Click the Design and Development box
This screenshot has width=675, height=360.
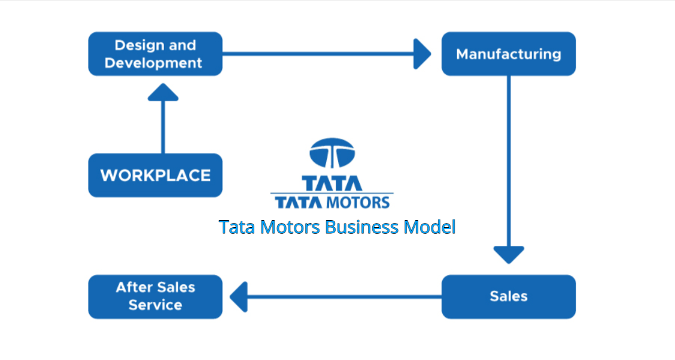pos(155,54)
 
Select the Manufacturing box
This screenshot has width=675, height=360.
pos(509,54)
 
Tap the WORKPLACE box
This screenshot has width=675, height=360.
pos(155,175)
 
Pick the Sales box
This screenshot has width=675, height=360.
pos(509,296)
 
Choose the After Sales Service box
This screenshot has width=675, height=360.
pos(155,296)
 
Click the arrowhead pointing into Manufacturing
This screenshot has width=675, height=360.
pos(422,54)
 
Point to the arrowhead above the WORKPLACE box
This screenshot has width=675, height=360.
pos(163,91)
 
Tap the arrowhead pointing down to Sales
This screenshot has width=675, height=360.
pos(509,254)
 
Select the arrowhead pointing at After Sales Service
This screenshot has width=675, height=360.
pos(238,297)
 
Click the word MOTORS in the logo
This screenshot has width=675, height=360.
pos(358,202)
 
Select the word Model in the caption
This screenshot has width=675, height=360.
pos(429,227)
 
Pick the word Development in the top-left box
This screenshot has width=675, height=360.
pos(154,63)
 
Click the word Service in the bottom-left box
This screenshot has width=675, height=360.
pos(155,305)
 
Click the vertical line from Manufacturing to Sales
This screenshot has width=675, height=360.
pos(509,161)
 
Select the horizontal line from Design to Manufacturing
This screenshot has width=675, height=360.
pos(317,54)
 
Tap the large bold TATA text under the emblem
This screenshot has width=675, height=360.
pos(332,182)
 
